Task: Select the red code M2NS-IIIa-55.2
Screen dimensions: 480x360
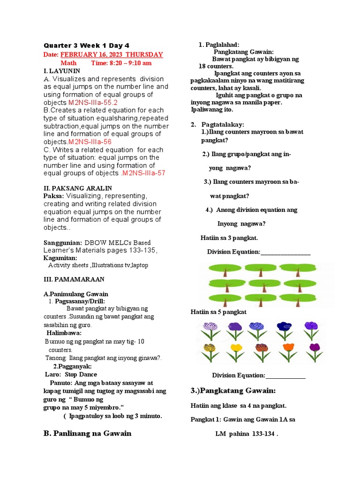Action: pyautogui.click(x=93, y=102)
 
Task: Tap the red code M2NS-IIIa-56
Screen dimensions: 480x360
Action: pyautogui.click(x=90, y=142)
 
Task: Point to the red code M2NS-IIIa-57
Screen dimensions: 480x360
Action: pyautogui.click(x=143, y=173)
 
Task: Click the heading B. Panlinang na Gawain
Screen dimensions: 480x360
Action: pyautogui.click(x=87, y=433)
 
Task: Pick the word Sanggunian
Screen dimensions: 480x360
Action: pyautogui.click(x=62, y=242)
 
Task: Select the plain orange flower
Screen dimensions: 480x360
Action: pyautogui.click(x=288, y=352)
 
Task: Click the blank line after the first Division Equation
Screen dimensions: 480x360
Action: pyautogui.click(x=285, y=252)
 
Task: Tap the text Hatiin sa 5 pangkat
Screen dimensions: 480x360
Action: pyautogui.click(x=218, y=312)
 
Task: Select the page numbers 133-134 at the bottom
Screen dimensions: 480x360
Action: pyautogui.click(x=263, y=434)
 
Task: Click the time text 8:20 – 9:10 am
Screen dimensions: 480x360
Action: pyautogui.click(x=121, y=63)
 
